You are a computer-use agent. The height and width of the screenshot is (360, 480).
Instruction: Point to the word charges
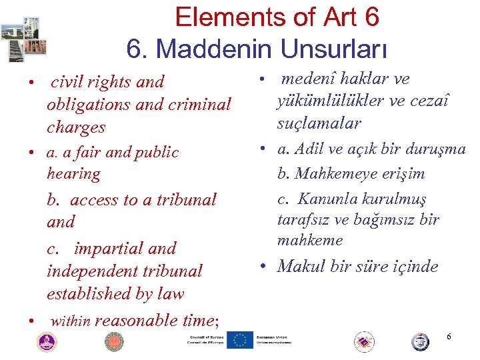click(x=76, y=127)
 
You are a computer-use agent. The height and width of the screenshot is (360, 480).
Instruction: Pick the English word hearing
click(x=73, y=174)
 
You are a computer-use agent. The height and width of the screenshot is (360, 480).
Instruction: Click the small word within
click(x=70, y=321)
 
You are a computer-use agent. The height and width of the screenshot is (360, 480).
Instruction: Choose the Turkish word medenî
click(x=309, y=79)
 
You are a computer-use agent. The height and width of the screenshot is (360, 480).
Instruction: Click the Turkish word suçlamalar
click(x=320, y=123)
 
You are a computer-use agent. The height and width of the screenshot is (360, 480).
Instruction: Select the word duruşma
click(x=437, y=149)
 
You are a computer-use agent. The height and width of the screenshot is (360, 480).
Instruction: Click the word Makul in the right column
click(x=299, y=267)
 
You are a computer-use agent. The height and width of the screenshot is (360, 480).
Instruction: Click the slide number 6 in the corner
click(x=449, y=337)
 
